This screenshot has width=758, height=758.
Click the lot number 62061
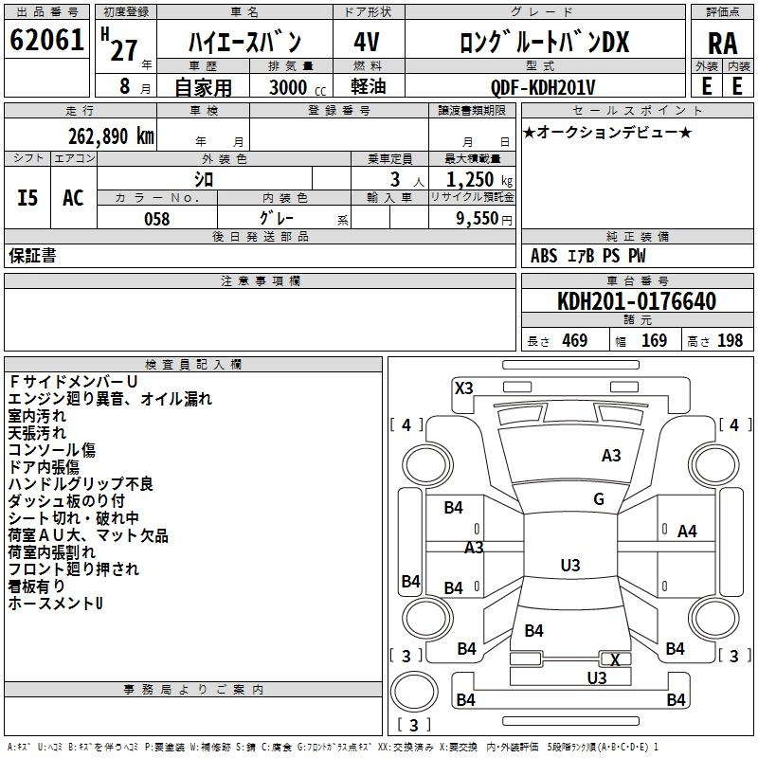tap(46, 40)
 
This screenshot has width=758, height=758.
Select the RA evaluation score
tap(723, 44)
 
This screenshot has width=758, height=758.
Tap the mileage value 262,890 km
tap(111, 136)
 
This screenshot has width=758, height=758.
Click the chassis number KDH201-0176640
tap(637, 301)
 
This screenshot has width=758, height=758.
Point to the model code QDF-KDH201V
tap(542, 87)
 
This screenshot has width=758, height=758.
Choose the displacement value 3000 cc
tap(298, 87)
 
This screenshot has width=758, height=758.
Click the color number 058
tap(157, 219)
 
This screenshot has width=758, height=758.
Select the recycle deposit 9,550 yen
tap(484, 219)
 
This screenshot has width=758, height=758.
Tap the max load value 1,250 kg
tap(479, 180)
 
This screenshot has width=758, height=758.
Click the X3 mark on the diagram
tap(464, 388)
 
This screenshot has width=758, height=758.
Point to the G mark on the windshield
tap(599, 499)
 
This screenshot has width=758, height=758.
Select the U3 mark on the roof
tap(570, 565)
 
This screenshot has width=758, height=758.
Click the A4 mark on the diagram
tap(687, 532)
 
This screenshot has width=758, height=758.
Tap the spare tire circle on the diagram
tap(414, 692)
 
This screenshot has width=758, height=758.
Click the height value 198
tap(730, 340)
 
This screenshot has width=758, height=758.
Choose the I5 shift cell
tap(27, 198)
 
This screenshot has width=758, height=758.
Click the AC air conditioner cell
tap(74, 198)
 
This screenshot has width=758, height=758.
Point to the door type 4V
tap(367, 42)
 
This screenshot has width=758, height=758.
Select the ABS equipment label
tap(544, 256)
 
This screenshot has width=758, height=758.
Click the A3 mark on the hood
tap(611, 456)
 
